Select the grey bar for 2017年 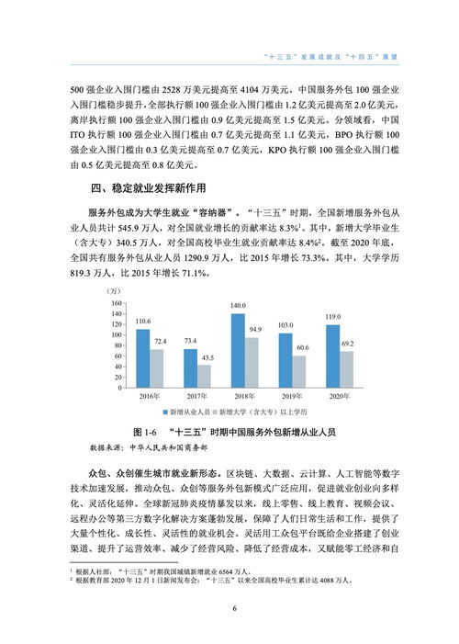pos(205,378)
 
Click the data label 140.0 pos(238,305)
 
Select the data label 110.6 pos(142,322)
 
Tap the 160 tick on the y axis pos(116,302)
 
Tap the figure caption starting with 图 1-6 pos(229,432)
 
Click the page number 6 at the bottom pos(234,607)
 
